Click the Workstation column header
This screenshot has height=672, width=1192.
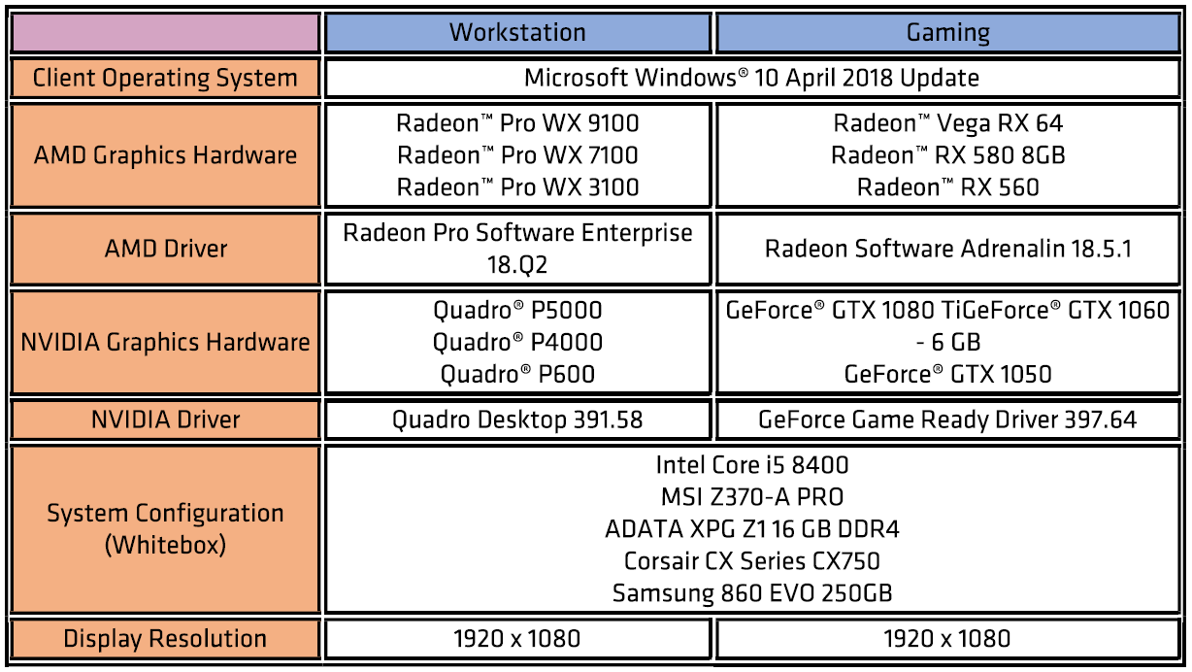click(x=517, y=32)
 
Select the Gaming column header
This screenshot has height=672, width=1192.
click(x=947, y=33)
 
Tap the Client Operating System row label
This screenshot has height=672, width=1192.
click(x=165, y=79)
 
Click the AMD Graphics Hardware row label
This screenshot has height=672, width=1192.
click(x=165, y=155)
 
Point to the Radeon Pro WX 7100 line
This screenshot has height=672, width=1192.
click(x=517, y=155)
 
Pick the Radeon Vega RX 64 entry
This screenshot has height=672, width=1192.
click(x=947, y=123)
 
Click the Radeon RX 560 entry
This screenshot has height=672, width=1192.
click(x=947, y=187)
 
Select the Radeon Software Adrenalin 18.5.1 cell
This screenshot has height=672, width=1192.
click(x=947, y=249)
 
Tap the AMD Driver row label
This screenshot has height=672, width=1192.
click(x=165, y=249)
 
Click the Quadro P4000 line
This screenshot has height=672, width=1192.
click(x=517, y=343)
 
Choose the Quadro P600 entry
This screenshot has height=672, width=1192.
click(x=517, y=374)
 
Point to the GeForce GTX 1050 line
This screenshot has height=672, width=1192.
click(x=947, y=374)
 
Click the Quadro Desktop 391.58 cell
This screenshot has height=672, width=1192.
click(x=517, y=420)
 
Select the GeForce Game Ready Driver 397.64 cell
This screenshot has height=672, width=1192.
click(x=947, y=420)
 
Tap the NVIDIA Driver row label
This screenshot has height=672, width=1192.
click(x=165, y=420)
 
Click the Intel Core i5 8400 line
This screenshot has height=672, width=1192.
click(x=752, y=465)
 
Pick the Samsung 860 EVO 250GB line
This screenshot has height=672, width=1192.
click(x=752, y=593)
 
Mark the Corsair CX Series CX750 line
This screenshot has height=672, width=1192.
click(x=752, y=561)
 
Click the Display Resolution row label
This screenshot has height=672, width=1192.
click(x=165, y=639)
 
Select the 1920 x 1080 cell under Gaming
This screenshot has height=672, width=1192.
click(x=947, y=639)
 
